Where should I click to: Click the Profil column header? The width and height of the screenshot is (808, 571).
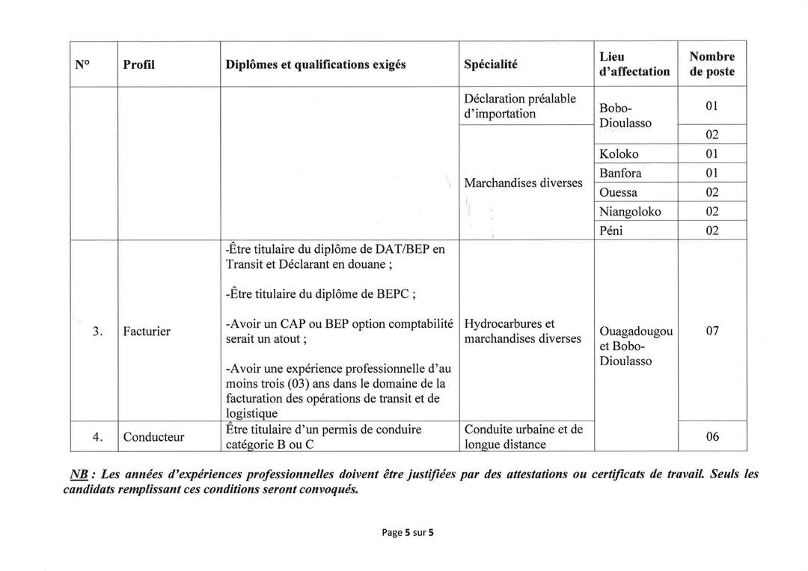pyautogui.click(x=138, y=64)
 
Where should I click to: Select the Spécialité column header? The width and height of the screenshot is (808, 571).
pyautogui.click(x=491, y=64)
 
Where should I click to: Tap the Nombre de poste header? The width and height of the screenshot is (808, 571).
pyautogui.click(x=711, y=64)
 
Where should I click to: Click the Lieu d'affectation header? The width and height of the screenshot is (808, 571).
pyautogui.click(x=634, y=64)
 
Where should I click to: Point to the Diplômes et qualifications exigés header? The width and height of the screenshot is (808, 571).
pyautogui.click(x=316, y=64)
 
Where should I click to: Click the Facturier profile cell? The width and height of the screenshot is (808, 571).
pyautogui.click(x=147, y=331)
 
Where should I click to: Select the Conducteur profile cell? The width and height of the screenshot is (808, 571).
pyautogui.click(x=153, y=437)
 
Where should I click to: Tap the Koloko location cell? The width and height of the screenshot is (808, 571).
pyautogui.click(x=619, y=154)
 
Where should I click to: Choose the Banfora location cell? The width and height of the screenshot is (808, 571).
pyautogui.click(x=620, y=173)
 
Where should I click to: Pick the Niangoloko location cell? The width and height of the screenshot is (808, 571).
pyautogui.click(x=630, y=211)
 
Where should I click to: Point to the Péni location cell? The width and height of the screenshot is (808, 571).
pyautogui.click(x=612, y=230)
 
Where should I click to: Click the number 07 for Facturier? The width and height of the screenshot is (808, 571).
pyautogui.click(x=711, y=331)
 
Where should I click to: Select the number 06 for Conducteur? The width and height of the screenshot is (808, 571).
pyautogui.click(x=711, y=436)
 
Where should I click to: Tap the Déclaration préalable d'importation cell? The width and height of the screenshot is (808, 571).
pyautogui.click(x=519, y=106)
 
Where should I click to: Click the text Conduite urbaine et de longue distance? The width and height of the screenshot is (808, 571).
pyautogui.click(x=523, y=437)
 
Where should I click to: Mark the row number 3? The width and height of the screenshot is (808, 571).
pyautogui.click(x=97, y=331)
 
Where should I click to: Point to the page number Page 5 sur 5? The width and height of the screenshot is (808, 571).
pyautogui.click(x=408, y=533)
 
